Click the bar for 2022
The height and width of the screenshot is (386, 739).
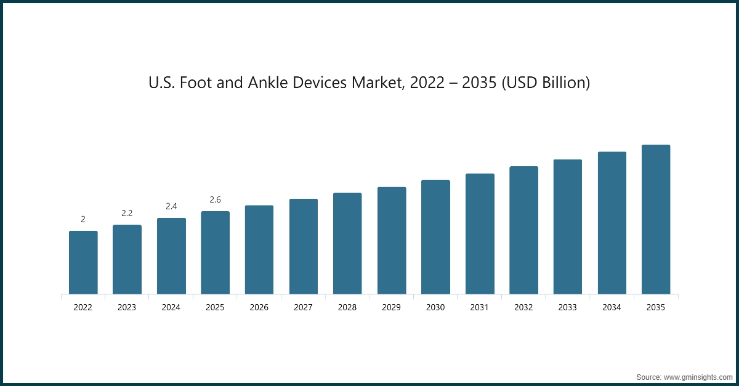(x=83, y=262)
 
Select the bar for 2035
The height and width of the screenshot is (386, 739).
(x=656, y=219)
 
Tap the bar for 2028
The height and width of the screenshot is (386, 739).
(x=347, y=243)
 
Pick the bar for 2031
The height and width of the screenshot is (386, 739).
(x=480, y=234)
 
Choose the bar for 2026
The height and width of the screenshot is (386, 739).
(x=259, y=249)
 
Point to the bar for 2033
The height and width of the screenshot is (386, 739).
(x=568, y=227)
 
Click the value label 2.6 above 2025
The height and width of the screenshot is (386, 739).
(x=215, y=199)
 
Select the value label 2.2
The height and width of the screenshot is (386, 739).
(x=127, y=213)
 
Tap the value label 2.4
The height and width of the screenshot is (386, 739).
(x=171, y=206)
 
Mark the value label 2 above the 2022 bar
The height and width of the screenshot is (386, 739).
(x=83, y=219)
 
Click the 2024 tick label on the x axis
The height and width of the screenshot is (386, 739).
(x=171, y=307)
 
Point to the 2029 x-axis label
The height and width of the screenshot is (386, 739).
(x=392, y=307)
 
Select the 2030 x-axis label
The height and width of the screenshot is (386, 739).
(x=435, y=307)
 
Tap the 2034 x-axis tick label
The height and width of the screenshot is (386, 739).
(x=612, y=307)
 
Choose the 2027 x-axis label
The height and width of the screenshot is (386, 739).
(x=303, y=307)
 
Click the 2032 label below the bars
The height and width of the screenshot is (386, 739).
(x=523, y=307)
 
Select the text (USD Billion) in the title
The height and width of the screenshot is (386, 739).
(x=546, y=82)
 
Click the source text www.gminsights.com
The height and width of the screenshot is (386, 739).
(x=697, y=376)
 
